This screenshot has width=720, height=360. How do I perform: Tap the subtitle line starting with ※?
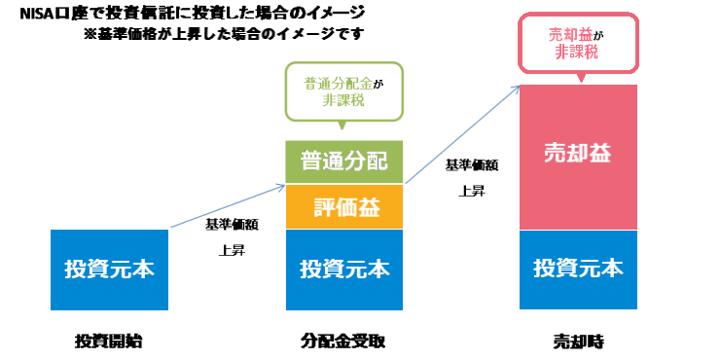point(224,34)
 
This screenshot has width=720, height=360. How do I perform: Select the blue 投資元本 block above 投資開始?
point(108,269)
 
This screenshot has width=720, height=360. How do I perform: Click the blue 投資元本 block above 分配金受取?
point(344,269)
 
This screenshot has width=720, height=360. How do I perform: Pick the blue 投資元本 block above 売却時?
point(578,269)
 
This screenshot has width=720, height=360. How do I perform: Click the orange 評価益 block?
point(344,207)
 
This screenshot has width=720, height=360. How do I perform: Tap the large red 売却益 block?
point(578,156)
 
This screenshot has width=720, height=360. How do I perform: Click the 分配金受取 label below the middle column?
point(343,341)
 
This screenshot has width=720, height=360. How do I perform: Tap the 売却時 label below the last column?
point(578,341)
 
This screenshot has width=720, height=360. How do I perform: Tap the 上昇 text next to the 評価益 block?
point(232,250)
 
